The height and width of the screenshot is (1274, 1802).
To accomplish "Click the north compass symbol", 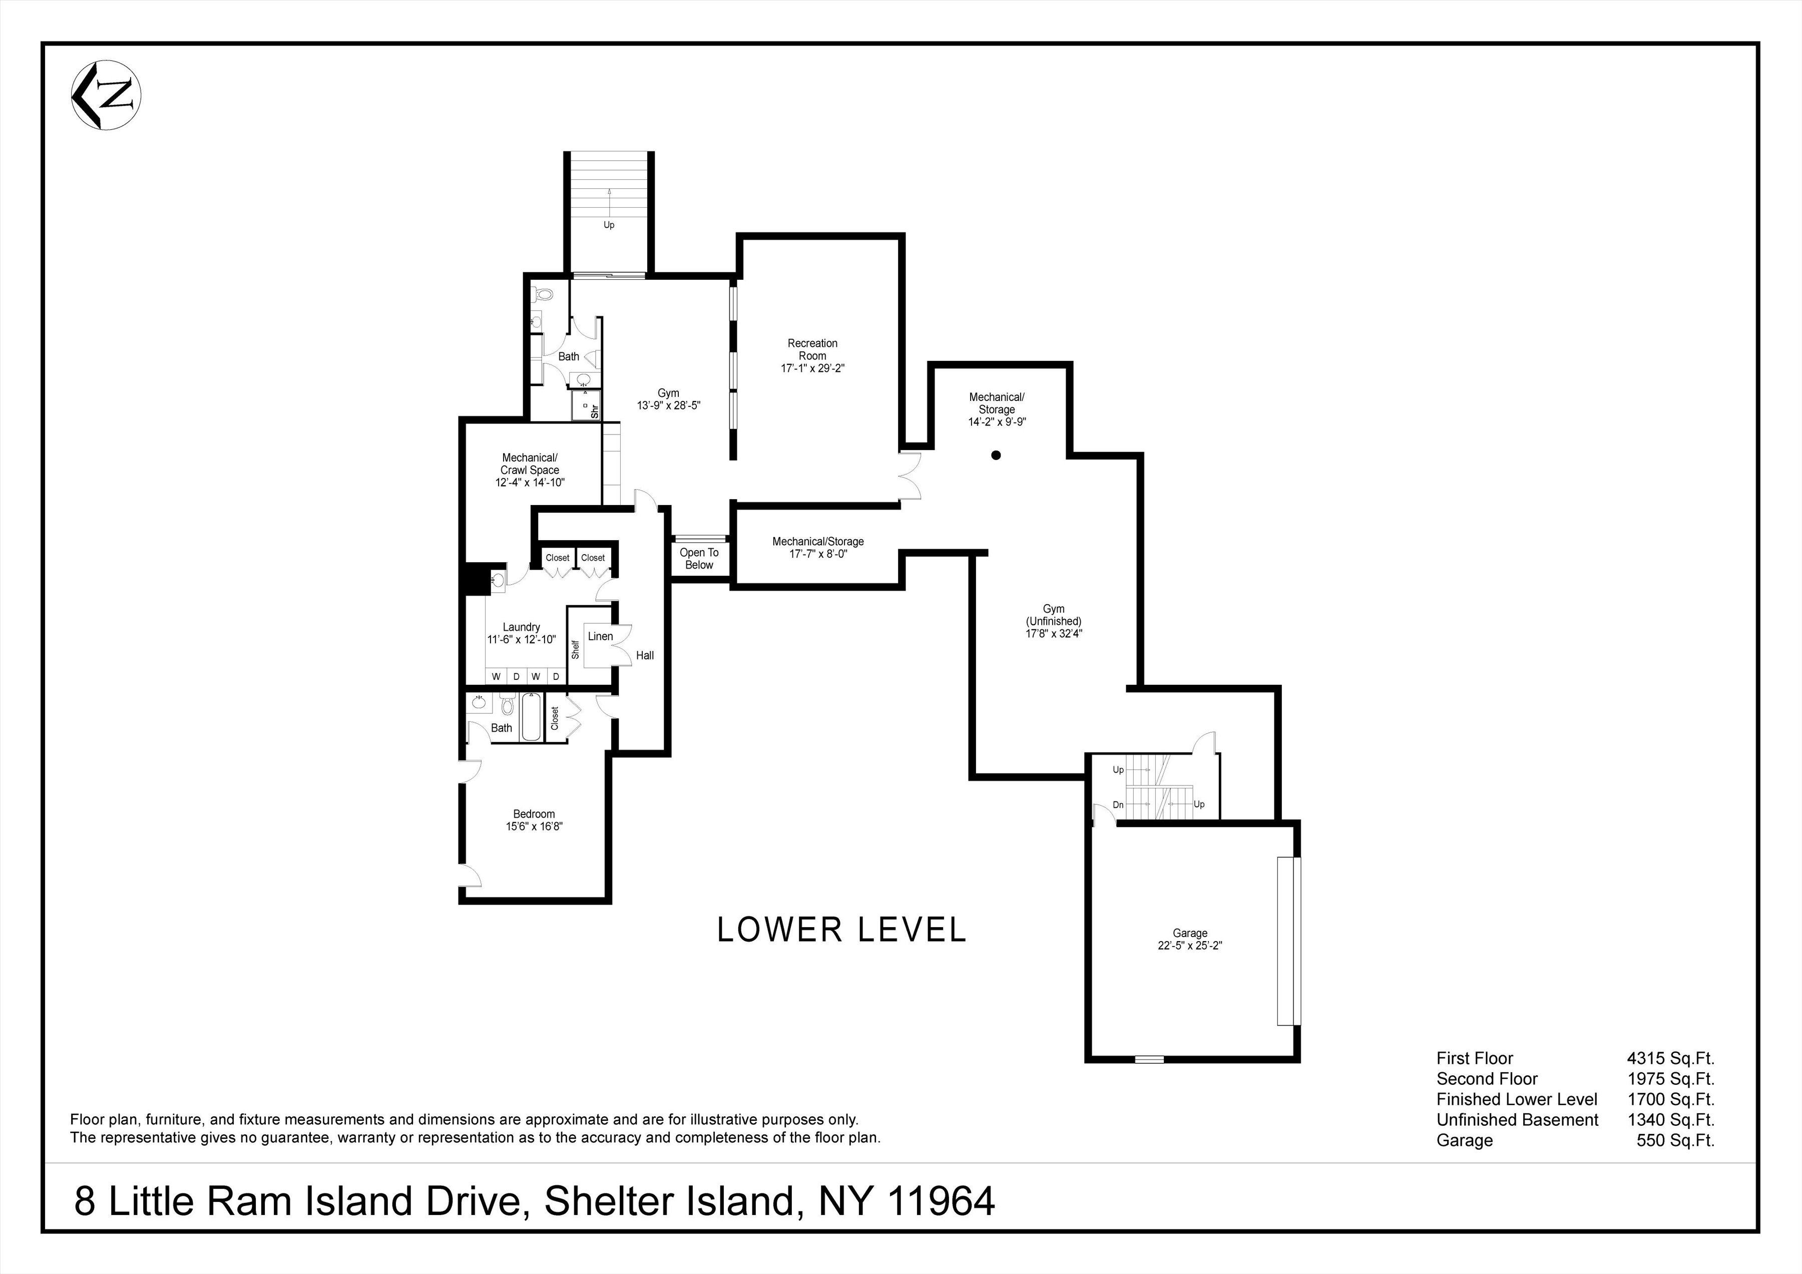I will coord(106,95).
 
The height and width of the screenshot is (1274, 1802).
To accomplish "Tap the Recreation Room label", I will coord(812,349).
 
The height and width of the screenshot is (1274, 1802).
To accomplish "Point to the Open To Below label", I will coord(698,559).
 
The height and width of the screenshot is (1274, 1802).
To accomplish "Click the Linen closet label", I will coord(600,637).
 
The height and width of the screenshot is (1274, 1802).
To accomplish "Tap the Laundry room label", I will coord(521,627).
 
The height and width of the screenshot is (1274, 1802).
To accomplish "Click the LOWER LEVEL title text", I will coord(841,930).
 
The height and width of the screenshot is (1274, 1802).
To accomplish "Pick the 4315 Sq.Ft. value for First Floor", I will coord(1670,1058).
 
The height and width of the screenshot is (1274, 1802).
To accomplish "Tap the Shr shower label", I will coord(594,410).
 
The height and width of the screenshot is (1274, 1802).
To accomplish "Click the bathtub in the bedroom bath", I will coord(531,719).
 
